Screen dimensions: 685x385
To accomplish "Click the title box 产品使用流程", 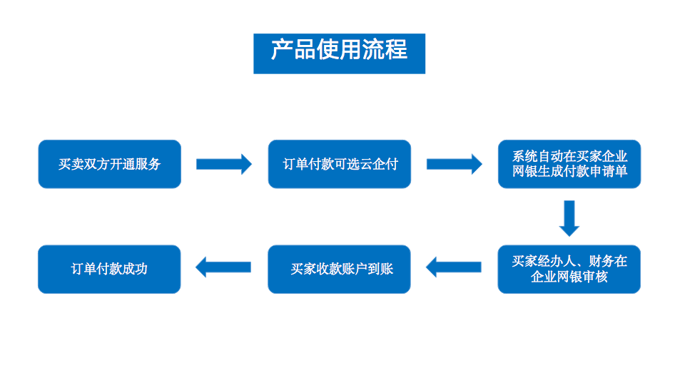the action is [x=339, y=53].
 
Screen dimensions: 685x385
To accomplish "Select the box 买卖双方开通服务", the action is [x=110, y=164].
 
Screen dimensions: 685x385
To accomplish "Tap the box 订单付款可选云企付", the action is [x=340, y=164].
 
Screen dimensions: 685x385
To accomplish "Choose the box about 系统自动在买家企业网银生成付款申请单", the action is [x=569, y=164].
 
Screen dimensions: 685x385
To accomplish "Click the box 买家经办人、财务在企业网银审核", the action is [x=569, y=269].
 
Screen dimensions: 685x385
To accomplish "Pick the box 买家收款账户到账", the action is [x=339, y=269].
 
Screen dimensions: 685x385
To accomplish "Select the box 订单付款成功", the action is [x=109, y=269].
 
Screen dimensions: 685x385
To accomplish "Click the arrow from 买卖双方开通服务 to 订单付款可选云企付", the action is [x=224, y=164].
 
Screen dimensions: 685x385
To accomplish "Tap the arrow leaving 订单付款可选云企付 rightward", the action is [x=455, y=164].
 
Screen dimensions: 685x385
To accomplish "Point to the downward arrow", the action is [x=569, y=218].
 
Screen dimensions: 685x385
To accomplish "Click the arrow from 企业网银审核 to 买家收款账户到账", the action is [x=454, y=267].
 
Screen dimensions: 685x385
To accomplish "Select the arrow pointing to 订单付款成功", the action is [x=223, y=267].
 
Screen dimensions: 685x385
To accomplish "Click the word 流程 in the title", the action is [x=385, y=49].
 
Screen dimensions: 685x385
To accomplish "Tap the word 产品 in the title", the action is [x=293, y=49].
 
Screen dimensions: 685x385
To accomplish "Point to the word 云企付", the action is [x=379, y=164].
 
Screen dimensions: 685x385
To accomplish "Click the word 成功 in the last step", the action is [x=135, y=269].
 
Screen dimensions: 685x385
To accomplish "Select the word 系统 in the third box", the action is [x=525, y=156].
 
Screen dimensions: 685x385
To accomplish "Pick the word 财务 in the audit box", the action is [x=601, y=261].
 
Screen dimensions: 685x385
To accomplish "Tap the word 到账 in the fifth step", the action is [x=380, y=269].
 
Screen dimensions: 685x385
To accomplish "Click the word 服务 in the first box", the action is [x=148, y=164].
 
